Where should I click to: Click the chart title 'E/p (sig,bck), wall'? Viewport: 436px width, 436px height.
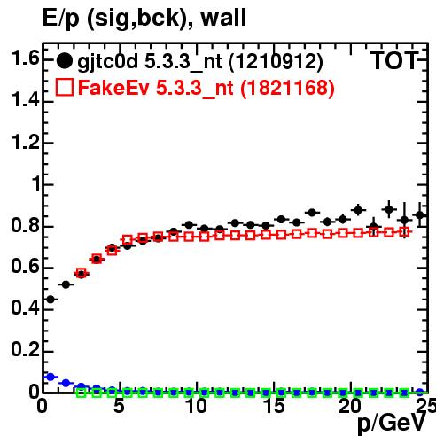144,18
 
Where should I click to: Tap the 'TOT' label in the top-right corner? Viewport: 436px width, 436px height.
394,61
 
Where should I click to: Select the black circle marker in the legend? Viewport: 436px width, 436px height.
64,61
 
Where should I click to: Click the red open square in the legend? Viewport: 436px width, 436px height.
65,87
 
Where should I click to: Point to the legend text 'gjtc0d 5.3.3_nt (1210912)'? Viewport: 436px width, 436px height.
200,62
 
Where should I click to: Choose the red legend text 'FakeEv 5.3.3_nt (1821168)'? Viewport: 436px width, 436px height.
206,89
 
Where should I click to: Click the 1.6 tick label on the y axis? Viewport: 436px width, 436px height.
25,58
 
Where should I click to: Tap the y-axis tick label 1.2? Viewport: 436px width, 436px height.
25,142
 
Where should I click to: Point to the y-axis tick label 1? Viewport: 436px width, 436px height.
36,183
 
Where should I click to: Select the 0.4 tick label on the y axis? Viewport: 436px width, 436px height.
25,308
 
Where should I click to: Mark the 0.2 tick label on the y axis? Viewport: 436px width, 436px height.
25,349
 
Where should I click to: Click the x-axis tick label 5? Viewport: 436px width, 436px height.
119,406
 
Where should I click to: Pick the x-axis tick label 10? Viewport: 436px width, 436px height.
196,406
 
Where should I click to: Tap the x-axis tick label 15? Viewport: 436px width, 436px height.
274,406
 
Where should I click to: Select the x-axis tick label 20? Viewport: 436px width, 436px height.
350,406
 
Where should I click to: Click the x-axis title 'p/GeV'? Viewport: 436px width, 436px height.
391,424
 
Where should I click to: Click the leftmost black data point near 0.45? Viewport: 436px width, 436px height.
51,300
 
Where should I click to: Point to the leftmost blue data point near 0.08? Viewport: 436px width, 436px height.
51,377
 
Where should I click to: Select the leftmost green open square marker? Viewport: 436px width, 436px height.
82,393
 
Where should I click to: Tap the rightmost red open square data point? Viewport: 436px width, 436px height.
404,232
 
